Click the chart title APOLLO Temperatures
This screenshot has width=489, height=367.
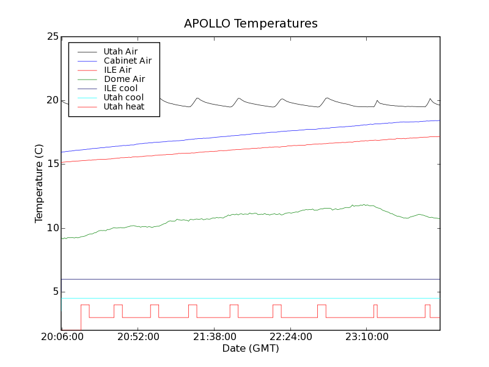point(251,24)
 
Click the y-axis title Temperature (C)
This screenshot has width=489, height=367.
point(39,183)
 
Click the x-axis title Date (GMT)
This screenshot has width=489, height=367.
point(251,349)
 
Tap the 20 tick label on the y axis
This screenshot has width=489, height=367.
point(53,100)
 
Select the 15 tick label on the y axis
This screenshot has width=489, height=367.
point(53,164)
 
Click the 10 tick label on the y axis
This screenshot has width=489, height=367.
point(53,228)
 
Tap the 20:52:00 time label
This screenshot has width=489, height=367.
point(138,337)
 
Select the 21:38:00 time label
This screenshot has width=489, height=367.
point(214,337)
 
